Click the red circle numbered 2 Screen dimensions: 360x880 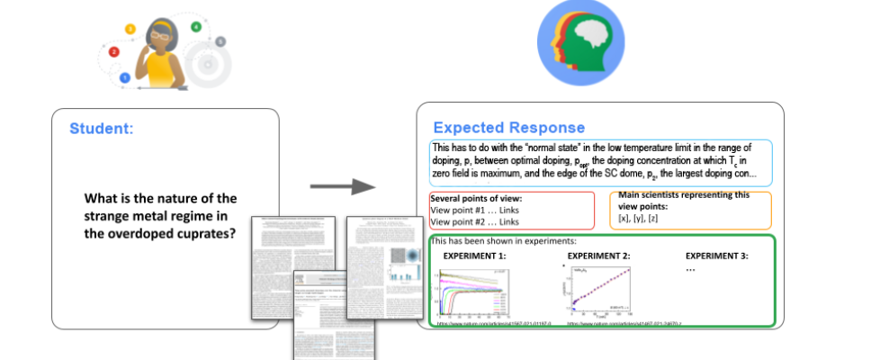point(114,52)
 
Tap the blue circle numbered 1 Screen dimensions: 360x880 point(125,78)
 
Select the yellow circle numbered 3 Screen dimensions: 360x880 point(130,30)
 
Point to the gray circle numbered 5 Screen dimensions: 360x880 point(220,41)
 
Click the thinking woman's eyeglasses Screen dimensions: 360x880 point(160,34)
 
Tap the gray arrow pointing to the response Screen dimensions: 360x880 point(343,186)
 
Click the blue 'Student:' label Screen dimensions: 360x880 point(102,129)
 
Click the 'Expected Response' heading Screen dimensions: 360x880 point(509,128)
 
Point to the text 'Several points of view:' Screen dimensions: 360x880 point(476,198)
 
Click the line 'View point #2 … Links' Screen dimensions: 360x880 point(476,221)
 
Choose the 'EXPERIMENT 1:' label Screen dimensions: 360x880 point(474,256)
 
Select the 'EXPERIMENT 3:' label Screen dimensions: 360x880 point(716,256)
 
